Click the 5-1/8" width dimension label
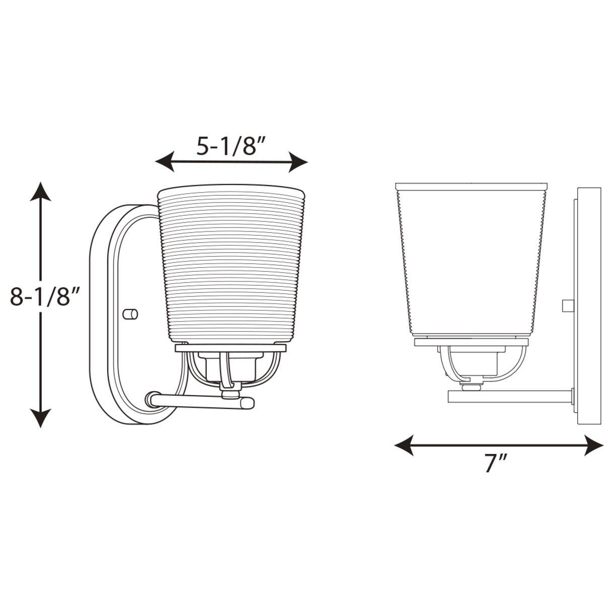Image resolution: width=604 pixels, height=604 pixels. tap(231, 146)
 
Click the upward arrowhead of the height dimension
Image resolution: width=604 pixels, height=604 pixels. tap(40, 192)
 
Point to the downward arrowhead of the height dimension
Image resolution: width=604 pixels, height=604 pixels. tap(40, 417)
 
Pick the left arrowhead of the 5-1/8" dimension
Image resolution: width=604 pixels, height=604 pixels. tap(165, 162)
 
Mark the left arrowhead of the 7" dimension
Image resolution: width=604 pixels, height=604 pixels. tap(404, 445)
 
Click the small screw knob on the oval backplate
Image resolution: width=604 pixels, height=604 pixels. tap(130, 314)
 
